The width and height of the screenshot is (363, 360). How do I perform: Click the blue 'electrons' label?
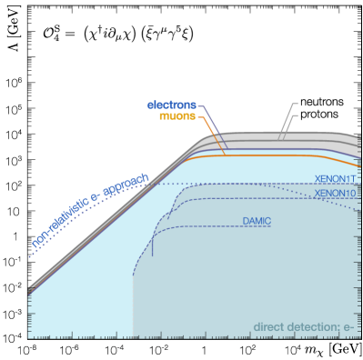click(171, 105)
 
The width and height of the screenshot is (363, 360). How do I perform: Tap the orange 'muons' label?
click(176, 116)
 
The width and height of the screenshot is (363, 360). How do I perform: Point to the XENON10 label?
click(335, 194)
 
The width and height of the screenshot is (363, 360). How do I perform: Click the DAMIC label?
click(257, 221)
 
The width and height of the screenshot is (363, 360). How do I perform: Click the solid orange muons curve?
click(273, 156)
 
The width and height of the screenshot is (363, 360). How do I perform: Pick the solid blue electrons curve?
click(273, 150)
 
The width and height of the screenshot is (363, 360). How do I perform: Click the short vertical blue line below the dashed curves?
click(153, 245)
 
